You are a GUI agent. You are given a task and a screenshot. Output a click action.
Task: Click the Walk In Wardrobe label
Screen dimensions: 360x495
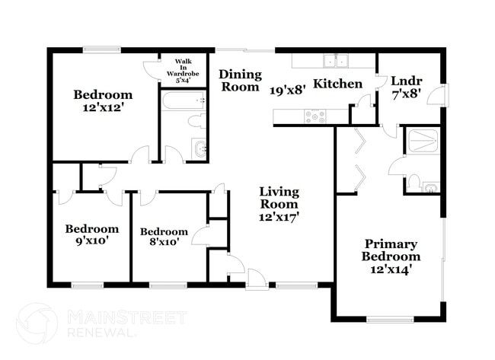click(184, 69)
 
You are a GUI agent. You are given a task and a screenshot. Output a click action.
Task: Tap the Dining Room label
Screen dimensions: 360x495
click(241, 81)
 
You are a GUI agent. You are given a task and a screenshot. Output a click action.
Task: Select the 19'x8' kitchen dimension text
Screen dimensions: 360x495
click(288, 89)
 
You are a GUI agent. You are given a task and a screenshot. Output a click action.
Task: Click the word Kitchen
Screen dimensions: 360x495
click(338, 83)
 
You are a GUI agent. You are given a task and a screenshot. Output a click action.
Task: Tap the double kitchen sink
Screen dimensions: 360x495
click(334, 62)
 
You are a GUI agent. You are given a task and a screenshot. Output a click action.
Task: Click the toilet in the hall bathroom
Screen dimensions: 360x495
click(196, 121)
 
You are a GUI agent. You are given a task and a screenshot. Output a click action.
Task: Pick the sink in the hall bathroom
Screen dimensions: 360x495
click(200, 148)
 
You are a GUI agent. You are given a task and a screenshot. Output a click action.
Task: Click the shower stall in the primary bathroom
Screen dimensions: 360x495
click(421, 140)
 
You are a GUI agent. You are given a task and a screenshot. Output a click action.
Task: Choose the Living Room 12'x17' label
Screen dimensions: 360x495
click(279, 204)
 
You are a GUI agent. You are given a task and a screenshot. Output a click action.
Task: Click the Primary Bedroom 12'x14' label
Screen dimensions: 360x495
click(390, 256)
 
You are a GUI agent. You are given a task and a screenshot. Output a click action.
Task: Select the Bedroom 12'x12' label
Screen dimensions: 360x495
click(103, 102)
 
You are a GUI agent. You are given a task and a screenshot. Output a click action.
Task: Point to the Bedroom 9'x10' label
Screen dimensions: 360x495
click(91, 235)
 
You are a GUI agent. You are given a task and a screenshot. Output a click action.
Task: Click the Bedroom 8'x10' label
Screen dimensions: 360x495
click(164, 237)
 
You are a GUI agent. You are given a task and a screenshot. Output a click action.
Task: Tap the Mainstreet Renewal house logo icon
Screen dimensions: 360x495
click(37, 323)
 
